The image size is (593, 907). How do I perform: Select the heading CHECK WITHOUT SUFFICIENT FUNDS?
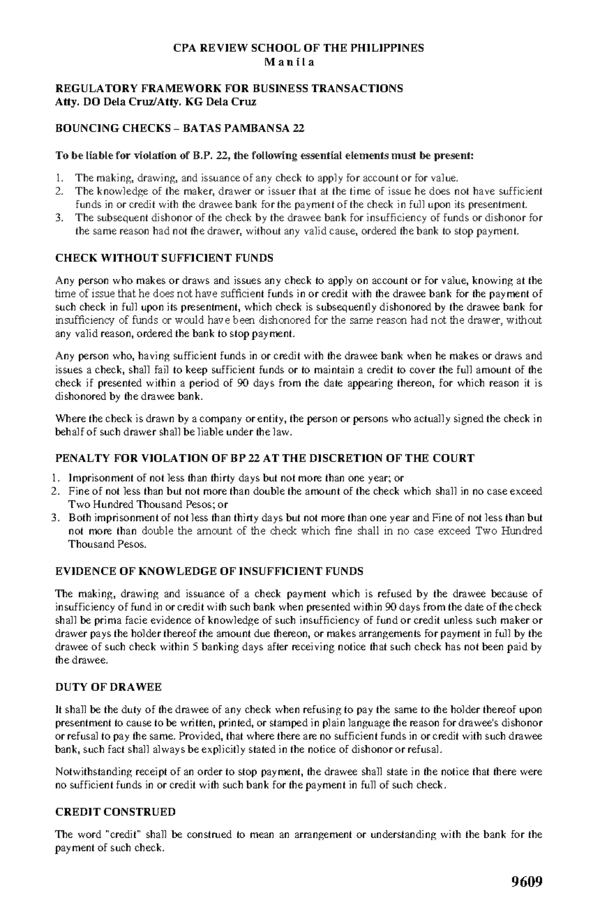point(165,258)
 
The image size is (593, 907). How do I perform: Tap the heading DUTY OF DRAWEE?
point(108,688)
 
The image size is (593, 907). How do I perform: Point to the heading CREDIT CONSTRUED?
point(115,812)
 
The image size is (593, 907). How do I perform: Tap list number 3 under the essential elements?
point(59,217)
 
